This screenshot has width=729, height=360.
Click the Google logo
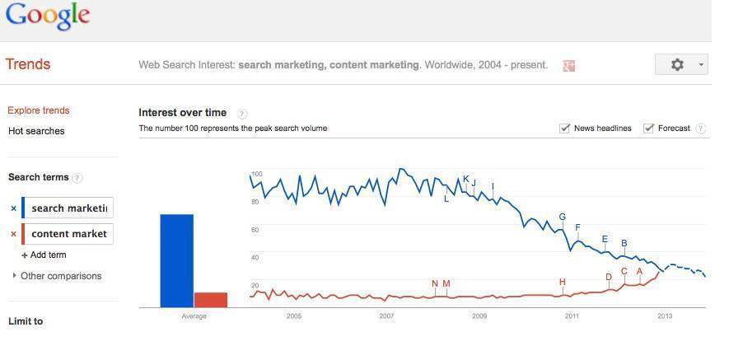click(x=47, y=16)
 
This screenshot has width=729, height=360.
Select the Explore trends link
click(x=39, y=110)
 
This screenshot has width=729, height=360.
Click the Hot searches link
click(x=36, y=131)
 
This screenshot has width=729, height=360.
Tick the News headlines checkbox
click(x=565, y=128)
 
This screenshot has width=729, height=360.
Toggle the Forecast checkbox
click(x=649, y=128)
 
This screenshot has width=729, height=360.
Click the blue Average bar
click(x=176, y=260)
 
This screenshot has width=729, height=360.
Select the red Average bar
click(x=210, y=300)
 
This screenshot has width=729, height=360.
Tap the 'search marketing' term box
click(x=68, y=208)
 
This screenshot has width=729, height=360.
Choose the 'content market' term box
click(x=68, y=234)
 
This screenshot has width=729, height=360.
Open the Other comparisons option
click(x=60, y=276)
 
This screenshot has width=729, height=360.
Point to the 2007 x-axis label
click(x=386, y=316)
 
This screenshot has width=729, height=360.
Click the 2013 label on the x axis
click(x=664, y=316)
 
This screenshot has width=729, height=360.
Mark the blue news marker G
click(x=563, y=217)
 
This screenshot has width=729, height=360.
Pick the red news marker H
click(x=563, y=283)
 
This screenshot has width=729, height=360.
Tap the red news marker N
click(x=435, y=284)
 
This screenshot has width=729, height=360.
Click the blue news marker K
click(x=466, y=180)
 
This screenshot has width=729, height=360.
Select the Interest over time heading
click(x=182, y=113)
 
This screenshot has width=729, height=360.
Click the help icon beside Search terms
click(x=77, y=178)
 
